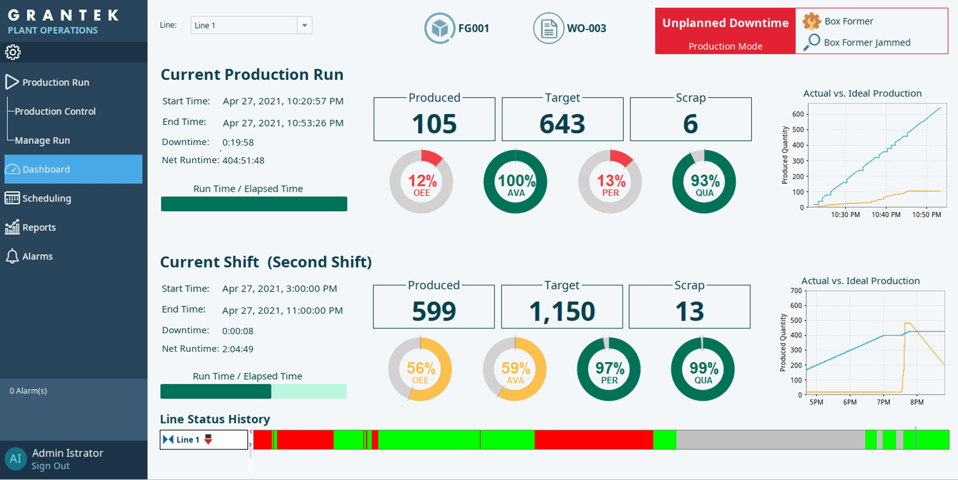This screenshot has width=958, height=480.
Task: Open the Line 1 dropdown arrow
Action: click(304, 25)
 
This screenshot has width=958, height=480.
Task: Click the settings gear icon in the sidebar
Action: click(13, 53)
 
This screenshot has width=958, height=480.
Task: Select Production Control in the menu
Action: click(55, 111)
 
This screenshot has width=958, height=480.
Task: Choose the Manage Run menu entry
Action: click(42, 140)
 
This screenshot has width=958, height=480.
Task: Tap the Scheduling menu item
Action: click(46, 198)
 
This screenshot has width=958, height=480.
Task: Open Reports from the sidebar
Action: click(39, 227)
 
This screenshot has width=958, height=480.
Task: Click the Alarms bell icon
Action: click(12, 256)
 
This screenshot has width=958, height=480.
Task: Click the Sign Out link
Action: click(50, 466)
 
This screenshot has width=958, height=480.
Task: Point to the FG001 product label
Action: click(473, 28)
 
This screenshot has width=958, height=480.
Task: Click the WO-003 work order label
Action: click(586, 28)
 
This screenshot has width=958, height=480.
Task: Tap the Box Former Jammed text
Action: click(867, 42)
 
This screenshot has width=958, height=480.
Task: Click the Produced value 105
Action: click(434, 124)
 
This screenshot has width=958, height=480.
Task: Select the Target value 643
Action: click(562, 124)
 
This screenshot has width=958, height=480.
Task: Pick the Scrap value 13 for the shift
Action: click(689, 312)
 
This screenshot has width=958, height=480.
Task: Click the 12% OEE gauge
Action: click(421, 182)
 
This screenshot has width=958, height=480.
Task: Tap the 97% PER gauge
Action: click(609, 369)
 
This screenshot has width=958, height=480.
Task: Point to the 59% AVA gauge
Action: click(514, 369)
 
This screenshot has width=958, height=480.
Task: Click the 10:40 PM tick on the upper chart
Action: click(885, 215)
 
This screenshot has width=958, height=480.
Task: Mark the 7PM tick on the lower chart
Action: click(883, 402)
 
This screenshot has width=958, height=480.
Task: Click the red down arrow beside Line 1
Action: click(208, 439)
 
